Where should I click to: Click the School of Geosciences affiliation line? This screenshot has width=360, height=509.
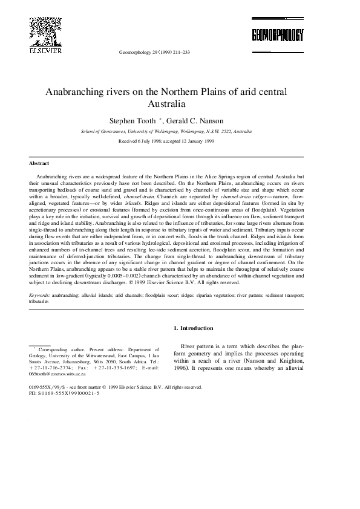(x=166, y=131)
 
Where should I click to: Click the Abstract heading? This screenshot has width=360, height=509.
(x=39, y=164)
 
